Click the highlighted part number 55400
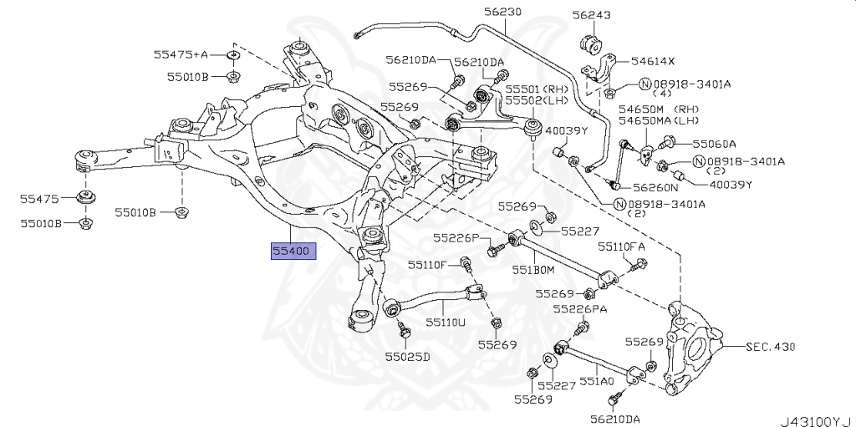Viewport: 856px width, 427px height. click(292, 250)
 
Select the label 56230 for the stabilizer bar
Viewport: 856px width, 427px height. click(502, 13)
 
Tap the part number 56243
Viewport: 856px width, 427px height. click(591, 15)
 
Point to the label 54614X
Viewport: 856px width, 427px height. click(653, 61)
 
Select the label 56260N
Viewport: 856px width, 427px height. click(655, 188)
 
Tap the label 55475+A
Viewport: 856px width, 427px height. click(180, 55)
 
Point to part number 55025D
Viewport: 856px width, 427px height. click(407, 357)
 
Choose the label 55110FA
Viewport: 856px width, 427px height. click(621, 247)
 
